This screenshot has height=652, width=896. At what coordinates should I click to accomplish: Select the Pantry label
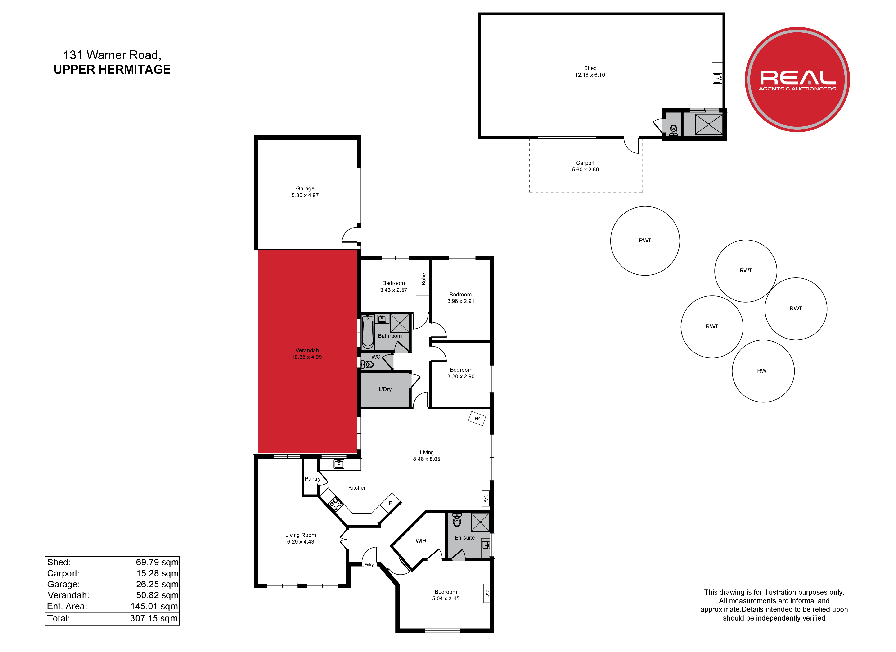pyautogui.click(x=312, y=479)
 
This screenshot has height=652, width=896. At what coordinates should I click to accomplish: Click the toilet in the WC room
pyautogui.click(x=367, y=364)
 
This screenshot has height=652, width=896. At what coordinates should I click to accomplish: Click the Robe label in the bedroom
pyautogui.click(x=423, y=279)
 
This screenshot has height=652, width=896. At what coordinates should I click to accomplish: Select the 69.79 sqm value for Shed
pyautogui.click(x=157, y=562)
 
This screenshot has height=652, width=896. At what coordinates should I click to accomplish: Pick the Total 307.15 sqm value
pyautogui.click(x=154, y=618)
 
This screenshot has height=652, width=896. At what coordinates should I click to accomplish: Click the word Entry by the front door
pyautogui.click(x=369, y=565)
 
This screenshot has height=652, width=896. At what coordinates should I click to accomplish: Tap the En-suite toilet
pyautogui.click(x=457, y=520)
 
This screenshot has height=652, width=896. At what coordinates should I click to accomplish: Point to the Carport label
pyautogui.click(x=585, y=163)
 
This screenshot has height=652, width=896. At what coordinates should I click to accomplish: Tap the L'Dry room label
pyautogui.click(x=385, y=389)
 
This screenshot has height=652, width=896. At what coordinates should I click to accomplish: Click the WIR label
pyautogui.click(x=421, y=541)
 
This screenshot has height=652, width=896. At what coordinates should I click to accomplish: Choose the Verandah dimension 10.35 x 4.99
pyautogui.click(x=306, y=357)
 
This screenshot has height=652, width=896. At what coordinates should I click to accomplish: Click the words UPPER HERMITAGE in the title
pyautogui.click(x=112, y=70)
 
